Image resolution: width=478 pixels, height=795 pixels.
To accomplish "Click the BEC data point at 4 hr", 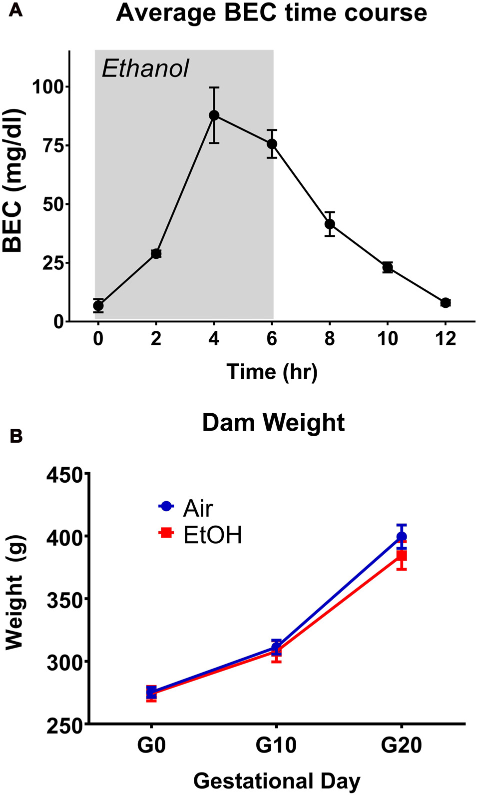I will pyautogui.click(x=214, y=115).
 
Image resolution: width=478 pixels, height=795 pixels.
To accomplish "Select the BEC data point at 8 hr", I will pyautogui.click(x=330, y=224).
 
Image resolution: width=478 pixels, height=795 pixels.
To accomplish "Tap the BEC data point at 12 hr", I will pyautogui.click(x=446, y=302).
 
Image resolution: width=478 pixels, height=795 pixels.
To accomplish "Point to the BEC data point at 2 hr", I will pyautogui.click(x=156, y=254).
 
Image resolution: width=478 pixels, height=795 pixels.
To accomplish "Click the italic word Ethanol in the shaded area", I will pyautogui.click(x=145, y=69).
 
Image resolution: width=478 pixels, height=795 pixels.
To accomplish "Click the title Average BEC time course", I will pyautogui.click(x=271, y=13).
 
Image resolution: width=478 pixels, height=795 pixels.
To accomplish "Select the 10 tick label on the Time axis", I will pyautogui.click(x=387, y=339).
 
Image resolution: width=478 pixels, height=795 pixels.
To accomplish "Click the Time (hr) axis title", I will pyautogui.click(x=272, y=372).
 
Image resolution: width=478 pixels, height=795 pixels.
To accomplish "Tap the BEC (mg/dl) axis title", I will pyautogui.click(x=13, y=181).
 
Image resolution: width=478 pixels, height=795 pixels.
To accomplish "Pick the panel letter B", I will pyautogui.click(x=16, y=436).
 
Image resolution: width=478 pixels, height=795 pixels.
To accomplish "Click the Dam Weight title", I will pyautogui.click(x=273, y=423).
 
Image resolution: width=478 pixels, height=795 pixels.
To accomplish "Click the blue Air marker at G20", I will pyautogui.click(x=402, y=537).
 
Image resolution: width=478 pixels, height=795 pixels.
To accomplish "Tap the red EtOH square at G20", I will pyautogui.click(x=402, y=556).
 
